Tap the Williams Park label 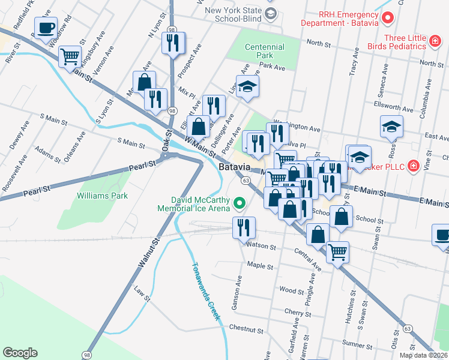102,196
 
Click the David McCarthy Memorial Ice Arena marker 240,204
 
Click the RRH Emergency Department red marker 387,17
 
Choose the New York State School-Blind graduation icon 271,14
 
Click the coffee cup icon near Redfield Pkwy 46,27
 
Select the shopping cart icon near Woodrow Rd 70,56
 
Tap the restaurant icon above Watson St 244,227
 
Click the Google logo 20,353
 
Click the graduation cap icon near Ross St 391,126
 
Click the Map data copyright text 423,355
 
